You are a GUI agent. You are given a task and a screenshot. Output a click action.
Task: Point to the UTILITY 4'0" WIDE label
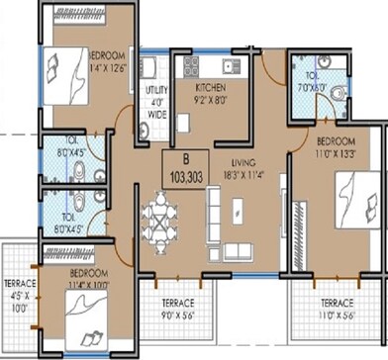tap(156, 94)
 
